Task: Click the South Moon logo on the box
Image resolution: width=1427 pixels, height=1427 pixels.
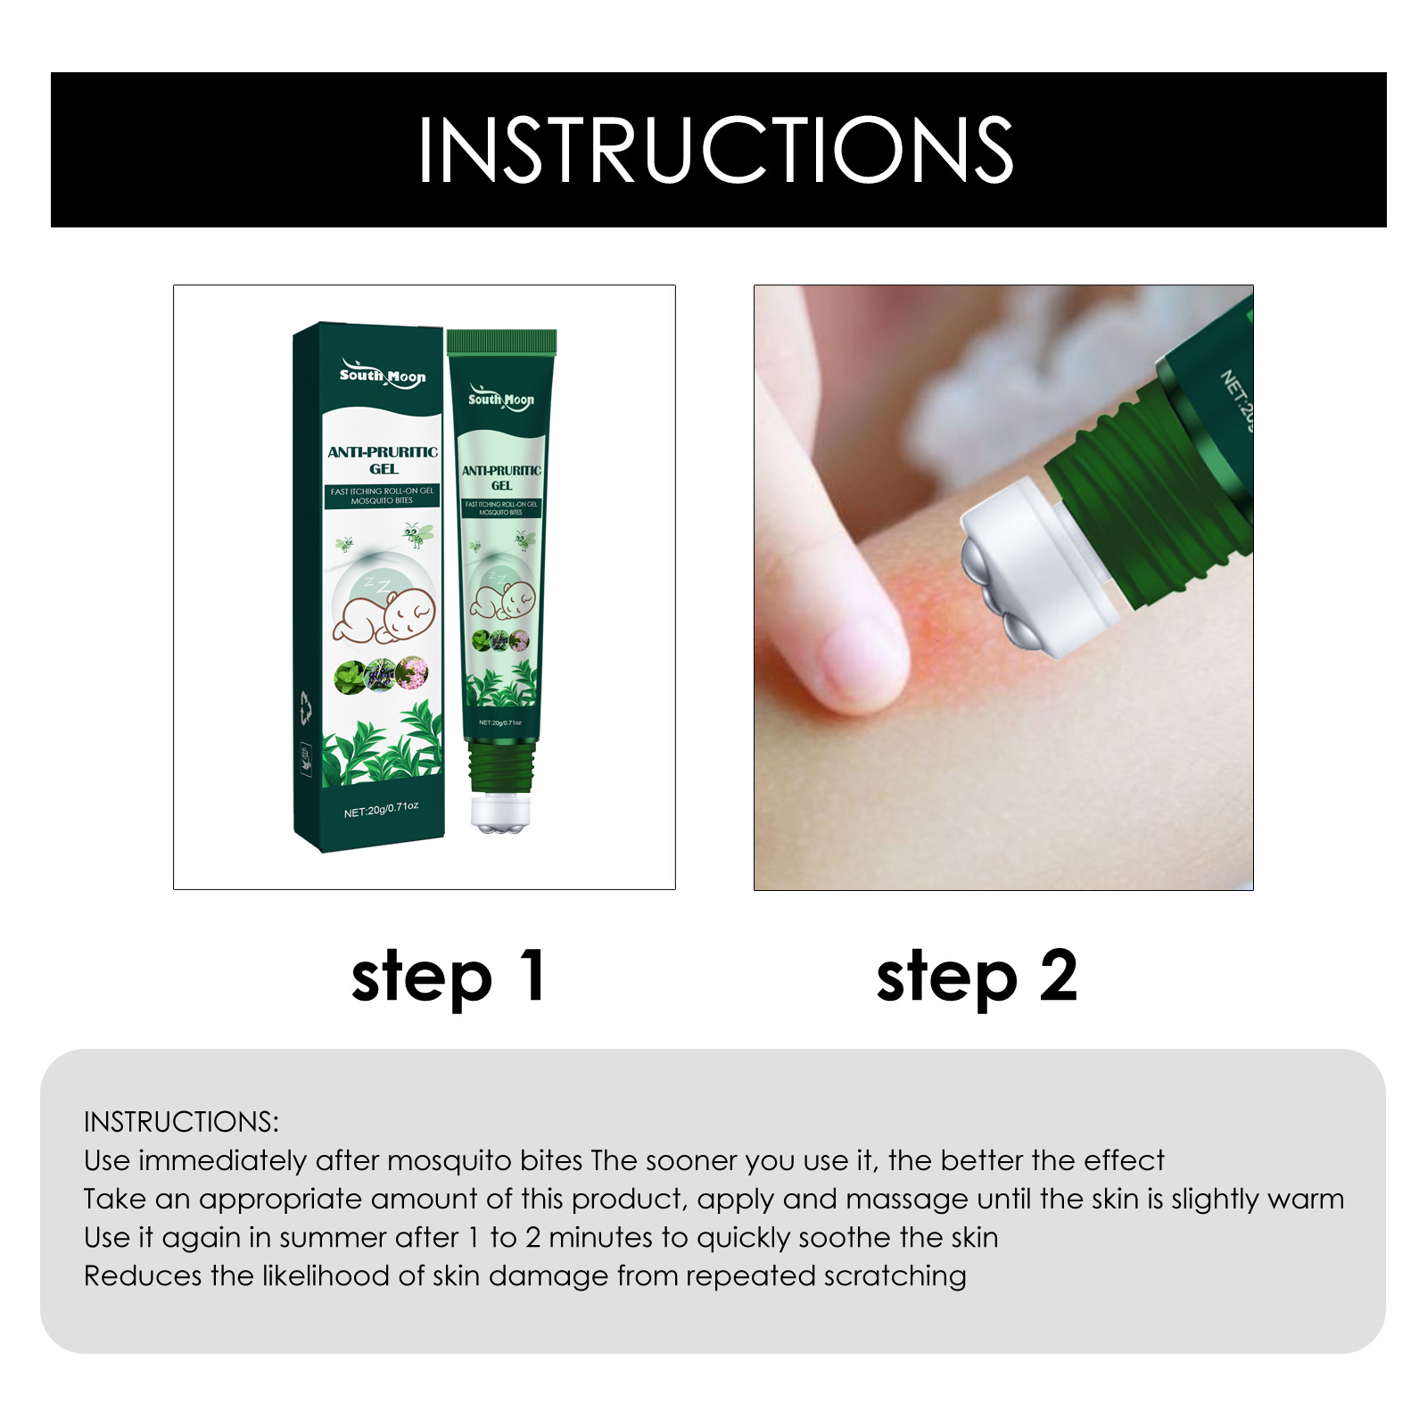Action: coord(382,375)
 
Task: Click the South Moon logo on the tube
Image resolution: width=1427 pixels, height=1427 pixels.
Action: coord(501,399)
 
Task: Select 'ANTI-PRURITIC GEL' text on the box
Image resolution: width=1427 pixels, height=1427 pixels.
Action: coord(383,460)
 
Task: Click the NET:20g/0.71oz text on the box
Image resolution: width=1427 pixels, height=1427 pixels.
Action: coord(381,810)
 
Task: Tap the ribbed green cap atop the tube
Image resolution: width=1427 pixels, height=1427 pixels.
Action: coord(501,342)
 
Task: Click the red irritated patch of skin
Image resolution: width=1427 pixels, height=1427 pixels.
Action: coord(936,615)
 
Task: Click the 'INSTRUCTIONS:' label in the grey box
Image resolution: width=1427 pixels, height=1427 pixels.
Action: coord(181,1122)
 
